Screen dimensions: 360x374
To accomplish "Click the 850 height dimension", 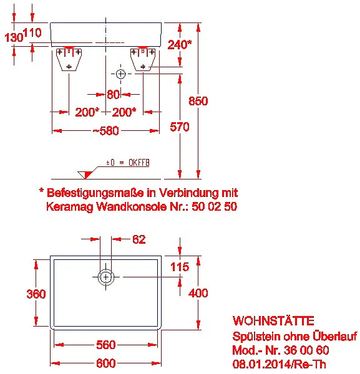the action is coord(198,101).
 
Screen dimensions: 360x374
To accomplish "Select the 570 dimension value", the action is coord(180,127).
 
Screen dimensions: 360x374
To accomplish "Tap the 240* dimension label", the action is coord(180,44).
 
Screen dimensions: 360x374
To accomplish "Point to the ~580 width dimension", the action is coord(106,131).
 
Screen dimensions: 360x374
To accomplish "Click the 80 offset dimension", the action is coord(113,94).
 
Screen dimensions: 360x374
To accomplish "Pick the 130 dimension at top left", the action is coord(14,37).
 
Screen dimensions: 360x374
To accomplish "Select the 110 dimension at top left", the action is coord(32,32).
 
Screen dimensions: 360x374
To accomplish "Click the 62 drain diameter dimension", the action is coord(139,239).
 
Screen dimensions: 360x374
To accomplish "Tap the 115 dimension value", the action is coord(180,267).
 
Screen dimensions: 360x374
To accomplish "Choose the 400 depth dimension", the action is coord(198,293).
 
